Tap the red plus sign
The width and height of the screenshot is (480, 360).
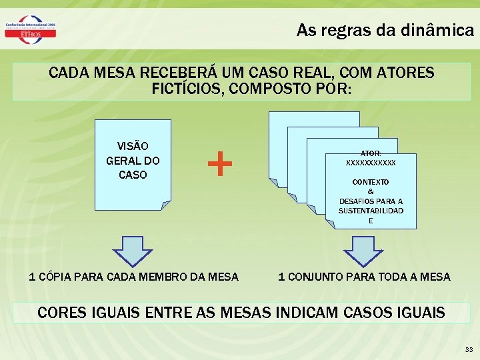point(220,163)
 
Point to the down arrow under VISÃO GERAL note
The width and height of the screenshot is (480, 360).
point(133,249)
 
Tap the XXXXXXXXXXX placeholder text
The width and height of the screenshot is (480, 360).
point(371,163)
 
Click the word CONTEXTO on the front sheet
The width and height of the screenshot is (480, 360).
point(371,182)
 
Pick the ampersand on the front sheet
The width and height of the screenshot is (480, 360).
point(371,191)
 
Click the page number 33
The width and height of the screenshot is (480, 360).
point(469,349)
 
